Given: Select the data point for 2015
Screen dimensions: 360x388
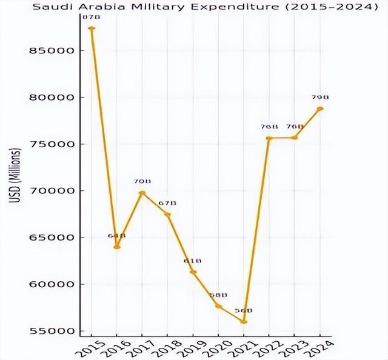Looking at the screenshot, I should coord(92,28).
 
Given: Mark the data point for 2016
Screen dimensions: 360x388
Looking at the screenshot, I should coord(117,247).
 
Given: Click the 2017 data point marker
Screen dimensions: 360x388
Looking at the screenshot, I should coord(142,193).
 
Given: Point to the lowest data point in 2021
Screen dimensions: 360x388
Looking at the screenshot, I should coord(244,322).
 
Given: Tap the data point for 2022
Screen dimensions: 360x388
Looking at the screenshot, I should coord(269,138).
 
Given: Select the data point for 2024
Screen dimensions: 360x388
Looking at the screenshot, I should coord(320,109).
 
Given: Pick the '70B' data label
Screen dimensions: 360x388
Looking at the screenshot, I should coord(142,181).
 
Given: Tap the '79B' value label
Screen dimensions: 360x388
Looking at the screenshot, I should coord(320,97).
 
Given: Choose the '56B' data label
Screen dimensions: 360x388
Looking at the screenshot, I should coord(244,310).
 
